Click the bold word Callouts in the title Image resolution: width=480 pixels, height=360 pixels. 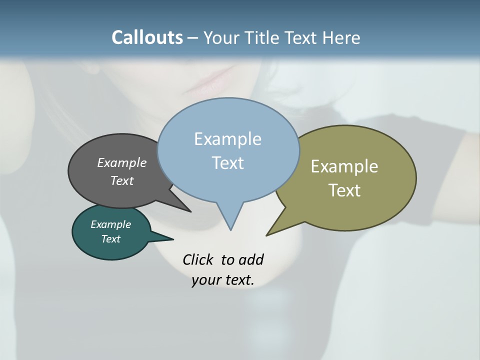147,37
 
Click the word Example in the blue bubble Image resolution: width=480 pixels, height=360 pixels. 227,139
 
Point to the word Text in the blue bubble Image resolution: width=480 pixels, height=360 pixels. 227,163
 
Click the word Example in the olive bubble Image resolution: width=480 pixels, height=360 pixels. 344,166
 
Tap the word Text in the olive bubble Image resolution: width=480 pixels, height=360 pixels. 344,190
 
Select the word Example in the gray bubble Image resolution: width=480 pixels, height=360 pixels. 121,163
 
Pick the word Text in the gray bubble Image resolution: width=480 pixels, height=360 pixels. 121,180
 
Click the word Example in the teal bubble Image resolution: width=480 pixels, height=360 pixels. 110,224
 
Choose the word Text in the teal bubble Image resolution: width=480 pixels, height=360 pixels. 110,239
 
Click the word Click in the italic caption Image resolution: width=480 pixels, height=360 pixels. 198,259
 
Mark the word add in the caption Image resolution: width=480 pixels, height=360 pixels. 251,259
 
